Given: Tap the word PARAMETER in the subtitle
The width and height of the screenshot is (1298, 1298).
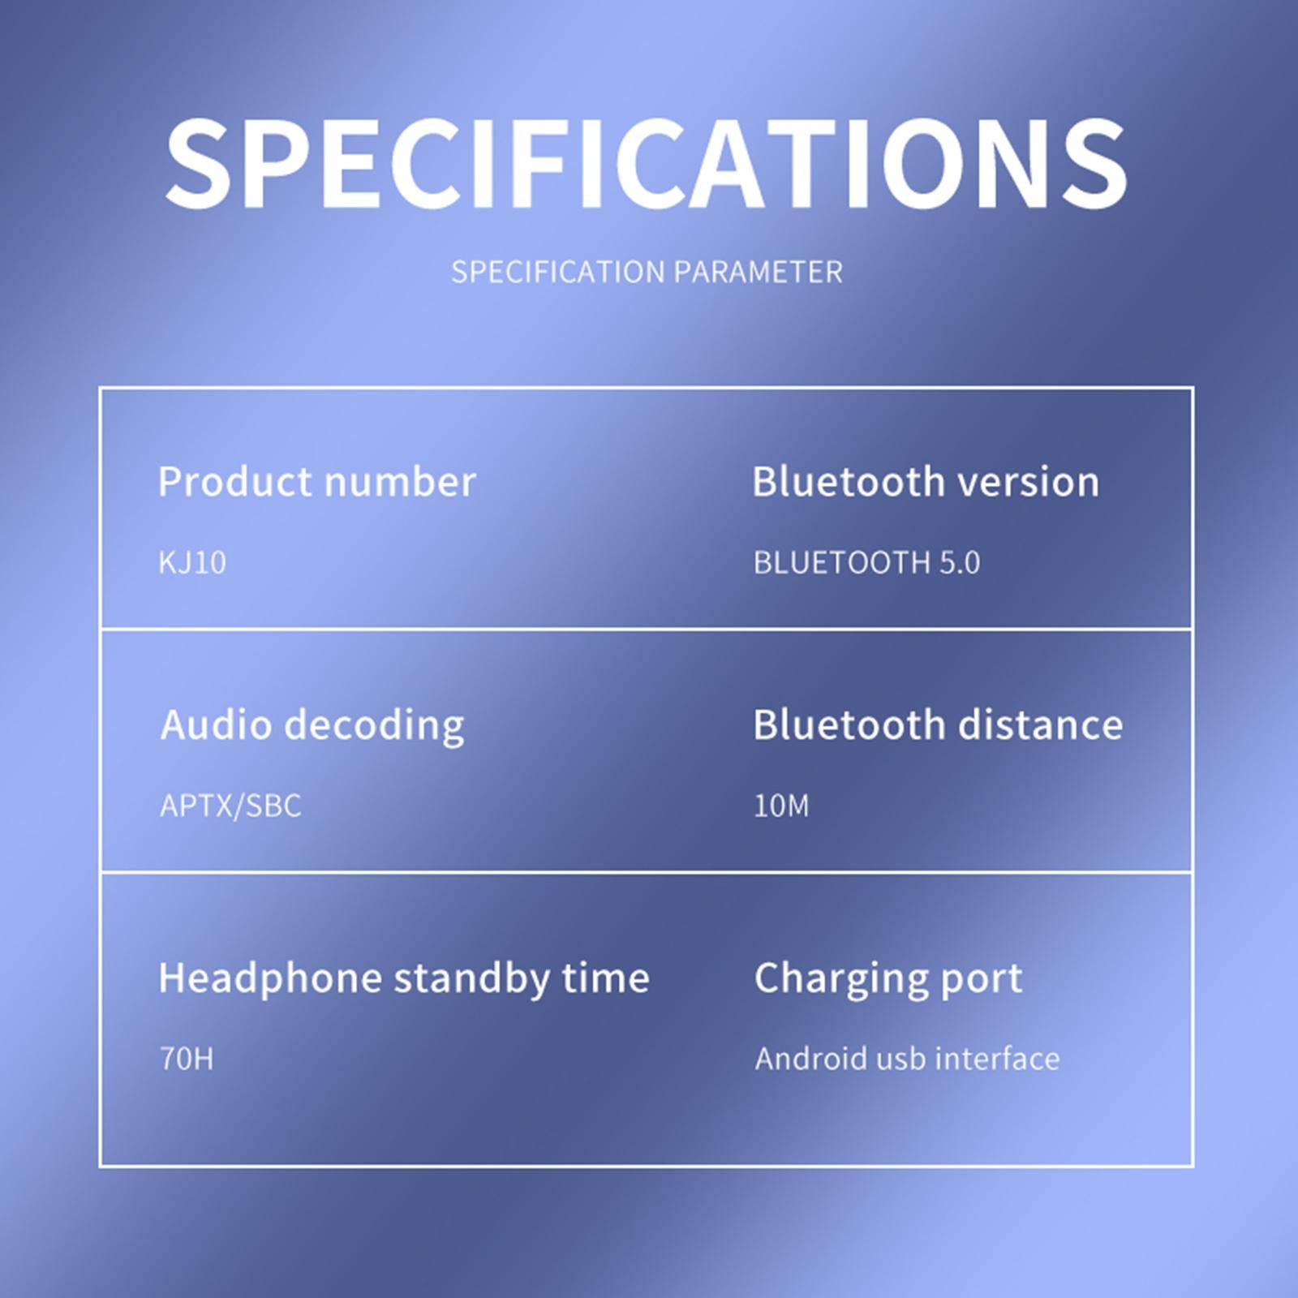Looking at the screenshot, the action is pyautogui.click(x=758, y=272).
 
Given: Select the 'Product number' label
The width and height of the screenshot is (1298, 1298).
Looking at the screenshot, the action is pyautogui.click(x=317, y=482).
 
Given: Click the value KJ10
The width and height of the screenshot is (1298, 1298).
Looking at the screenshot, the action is pyautogui.click(x=192, y=562).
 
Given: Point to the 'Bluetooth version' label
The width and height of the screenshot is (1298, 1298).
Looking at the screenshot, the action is pyautogui.click(x=926, y=482).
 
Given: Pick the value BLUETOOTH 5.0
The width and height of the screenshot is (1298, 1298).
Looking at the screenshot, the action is pyautogui.click(x=866, y=562).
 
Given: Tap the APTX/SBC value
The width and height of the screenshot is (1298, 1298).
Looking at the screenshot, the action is pyautogui.click(x=230, y=806).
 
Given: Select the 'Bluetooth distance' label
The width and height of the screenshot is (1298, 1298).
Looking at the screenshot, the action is pyautogui.click(x=938, y=725).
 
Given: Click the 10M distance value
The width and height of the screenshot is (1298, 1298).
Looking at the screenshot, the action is pyautogui.click(x=781, y=806).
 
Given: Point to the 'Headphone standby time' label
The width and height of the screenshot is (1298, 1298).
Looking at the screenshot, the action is pyautogui.click(x=404, y=978).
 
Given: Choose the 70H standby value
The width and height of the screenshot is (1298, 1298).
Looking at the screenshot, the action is pyautogui.click(x=187, y=1059).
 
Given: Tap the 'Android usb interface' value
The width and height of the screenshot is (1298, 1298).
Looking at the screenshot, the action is pyautogui.click(x=907, y=1059).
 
